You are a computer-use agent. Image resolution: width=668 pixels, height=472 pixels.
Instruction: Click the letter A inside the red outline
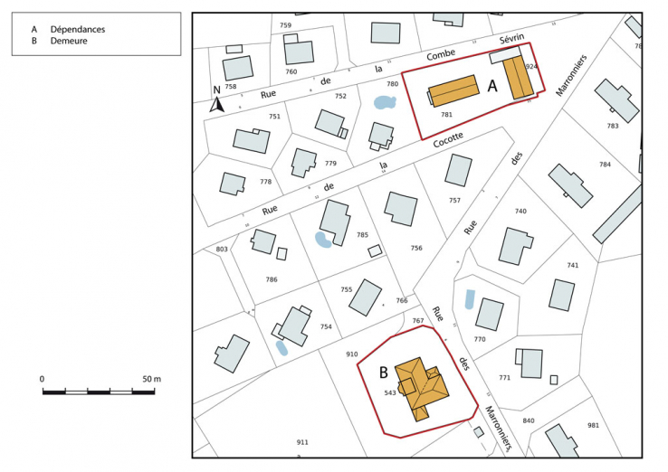493,86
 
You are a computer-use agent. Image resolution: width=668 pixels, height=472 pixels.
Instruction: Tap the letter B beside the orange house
383,372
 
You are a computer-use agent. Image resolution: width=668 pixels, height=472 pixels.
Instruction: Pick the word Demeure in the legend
69,41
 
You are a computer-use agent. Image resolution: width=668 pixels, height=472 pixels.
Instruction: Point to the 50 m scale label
151,378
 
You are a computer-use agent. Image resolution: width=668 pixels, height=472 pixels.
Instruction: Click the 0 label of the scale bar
42,378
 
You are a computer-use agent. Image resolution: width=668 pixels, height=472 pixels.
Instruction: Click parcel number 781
446,115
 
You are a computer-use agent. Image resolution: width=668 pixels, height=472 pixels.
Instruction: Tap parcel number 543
390,393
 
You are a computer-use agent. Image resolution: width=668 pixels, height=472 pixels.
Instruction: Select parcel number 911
302,442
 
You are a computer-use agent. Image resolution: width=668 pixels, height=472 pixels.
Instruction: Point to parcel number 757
454,200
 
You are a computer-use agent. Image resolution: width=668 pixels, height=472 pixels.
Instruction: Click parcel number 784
605,164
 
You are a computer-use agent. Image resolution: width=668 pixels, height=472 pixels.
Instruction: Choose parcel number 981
593,425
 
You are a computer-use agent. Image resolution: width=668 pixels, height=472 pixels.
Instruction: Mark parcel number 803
222,249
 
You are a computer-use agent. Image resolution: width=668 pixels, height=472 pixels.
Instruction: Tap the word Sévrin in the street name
513,42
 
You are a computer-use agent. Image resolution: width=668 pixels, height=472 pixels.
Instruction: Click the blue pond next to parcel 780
385,102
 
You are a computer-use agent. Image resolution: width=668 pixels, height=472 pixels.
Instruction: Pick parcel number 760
291,71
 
